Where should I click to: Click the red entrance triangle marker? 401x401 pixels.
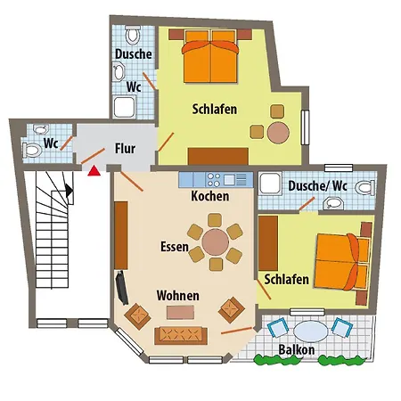(94, 171)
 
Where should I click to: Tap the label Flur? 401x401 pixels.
(125, 148)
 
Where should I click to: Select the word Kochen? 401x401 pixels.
(210, 196)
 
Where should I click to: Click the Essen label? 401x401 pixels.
(175, 247)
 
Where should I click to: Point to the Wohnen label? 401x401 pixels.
(178, 296)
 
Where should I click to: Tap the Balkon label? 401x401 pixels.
(297, 349)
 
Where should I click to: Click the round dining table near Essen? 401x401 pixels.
(216, 242)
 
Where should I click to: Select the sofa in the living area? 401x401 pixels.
(181, 335)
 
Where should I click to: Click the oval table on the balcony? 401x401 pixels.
(311, 331)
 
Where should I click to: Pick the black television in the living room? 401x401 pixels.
(122, 288)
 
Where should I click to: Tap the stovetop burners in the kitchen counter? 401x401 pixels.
(214, 180)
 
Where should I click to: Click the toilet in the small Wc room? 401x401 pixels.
(32, 150)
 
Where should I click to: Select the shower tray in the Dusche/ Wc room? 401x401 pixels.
(270, 184)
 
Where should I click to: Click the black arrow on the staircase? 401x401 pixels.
(69, 191)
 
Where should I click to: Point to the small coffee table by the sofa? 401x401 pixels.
(180, 313)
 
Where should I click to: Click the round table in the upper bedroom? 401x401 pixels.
(278, 133)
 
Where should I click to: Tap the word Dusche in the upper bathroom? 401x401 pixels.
(134, 53)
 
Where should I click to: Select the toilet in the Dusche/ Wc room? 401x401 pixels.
(365, 188)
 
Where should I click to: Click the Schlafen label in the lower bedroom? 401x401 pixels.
(287, 279)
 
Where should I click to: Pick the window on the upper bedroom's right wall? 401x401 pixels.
(305, 127)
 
